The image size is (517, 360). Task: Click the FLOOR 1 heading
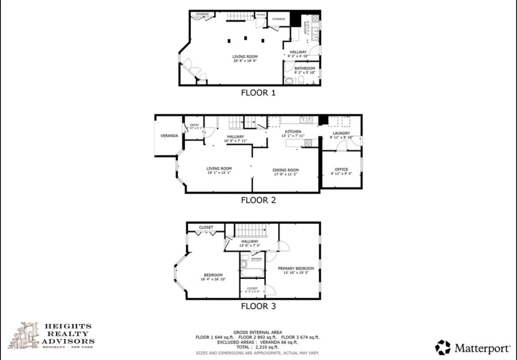click(x=258, y=93)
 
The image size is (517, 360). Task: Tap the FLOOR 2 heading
click(x=258, y=200)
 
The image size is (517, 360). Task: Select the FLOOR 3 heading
click(x=258, y=306)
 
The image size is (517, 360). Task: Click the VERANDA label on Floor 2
click(x=169, y=136)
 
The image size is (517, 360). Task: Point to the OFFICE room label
click(x=341, y=169)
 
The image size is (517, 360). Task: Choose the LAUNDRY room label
click(x=341, y=133)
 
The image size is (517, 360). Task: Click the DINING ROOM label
click(x=285, y=170)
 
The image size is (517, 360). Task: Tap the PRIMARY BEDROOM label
click(x=296, y=268)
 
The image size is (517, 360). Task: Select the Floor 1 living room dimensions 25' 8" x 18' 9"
click(x=245, y=61)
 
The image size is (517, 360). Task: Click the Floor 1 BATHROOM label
click(x=305, y=69)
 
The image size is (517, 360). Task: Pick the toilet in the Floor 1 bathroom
click(x=301, y=80)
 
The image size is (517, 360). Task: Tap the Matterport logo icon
click(x=443, y=348)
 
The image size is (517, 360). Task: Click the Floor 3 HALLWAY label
click(x=250, y=241)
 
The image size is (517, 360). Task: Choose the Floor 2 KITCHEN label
click(x=293, y=132)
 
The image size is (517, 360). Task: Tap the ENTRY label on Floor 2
click(x=194, y=125)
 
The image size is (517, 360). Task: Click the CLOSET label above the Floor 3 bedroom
click(x=206, y=227)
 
